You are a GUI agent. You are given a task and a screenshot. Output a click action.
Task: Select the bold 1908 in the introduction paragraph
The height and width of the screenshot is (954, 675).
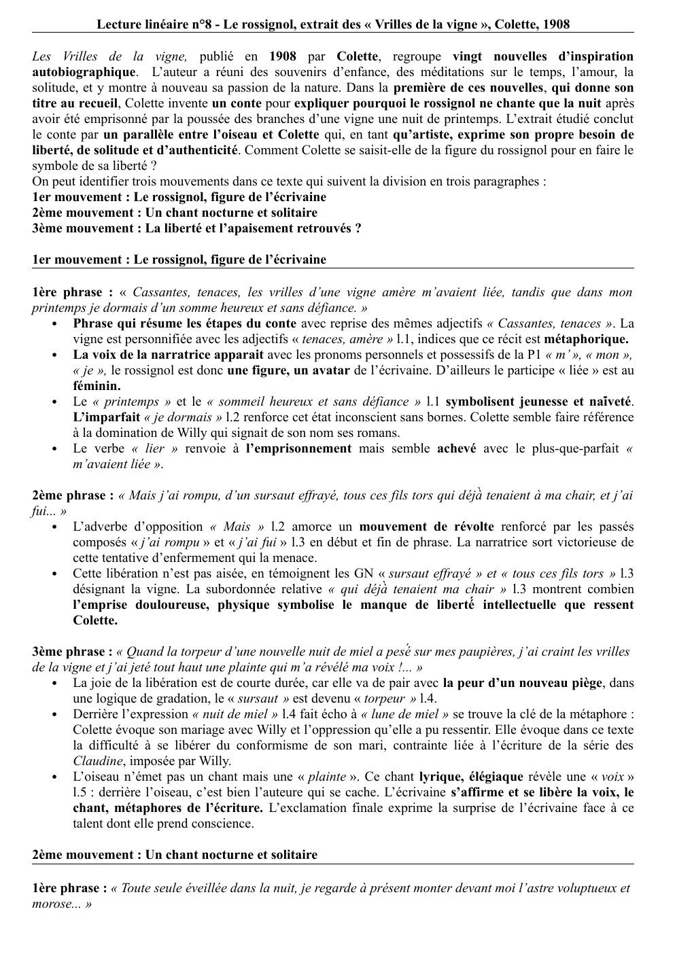point(283,56)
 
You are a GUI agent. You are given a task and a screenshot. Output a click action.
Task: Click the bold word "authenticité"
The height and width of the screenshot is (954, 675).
point(203,149)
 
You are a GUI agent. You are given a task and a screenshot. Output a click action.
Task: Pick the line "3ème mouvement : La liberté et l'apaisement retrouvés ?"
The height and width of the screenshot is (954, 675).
point(196,228)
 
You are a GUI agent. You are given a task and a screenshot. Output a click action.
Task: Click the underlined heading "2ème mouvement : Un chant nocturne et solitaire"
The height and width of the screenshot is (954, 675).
point(175,855)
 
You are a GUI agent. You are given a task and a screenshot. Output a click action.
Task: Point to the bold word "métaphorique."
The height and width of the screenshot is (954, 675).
point(587,339)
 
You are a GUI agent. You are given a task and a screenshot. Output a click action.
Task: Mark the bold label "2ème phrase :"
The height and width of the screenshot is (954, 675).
point(73,495)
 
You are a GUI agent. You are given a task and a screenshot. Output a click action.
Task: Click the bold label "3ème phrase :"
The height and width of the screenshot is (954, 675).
point(73,652)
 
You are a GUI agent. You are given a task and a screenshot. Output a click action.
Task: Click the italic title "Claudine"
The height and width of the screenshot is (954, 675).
point(98,761)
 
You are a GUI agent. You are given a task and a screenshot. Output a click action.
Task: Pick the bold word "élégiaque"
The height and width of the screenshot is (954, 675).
point(490,777)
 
